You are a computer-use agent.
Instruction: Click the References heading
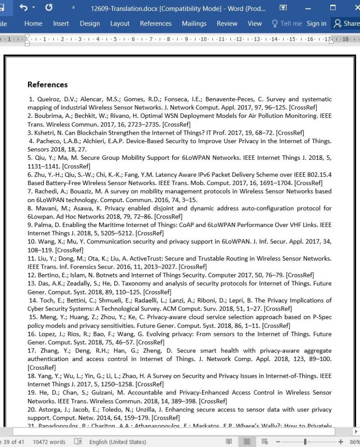[47, 85]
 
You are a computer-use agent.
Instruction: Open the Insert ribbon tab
[61, 23]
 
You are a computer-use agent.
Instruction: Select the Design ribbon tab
[90, 23]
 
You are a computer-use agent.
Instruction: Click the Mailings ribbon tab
[193, 23]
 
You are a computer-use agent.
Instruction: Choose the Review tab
[227, 23]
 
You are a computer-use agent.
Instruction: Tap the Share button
[346, 23]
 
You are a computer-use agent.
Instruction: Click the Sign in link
[316, 23]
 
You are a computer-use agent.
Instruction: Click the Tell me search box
[287, 23]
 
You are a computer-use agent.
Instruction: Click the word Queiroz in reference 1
[47, 99]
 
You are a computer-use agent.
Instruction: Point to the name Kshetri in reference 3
[44, 132]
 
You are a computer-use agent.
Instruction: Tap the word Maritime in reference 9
[101, 225]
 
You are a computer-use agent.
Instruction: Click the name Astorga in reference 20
[50, 410]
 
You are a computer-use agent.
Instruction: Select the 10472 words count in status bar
[49, 442]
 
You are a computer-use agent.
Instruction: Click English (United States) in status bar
[117, 442]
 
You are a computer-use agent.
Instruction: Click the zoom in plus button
[340, 442]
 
